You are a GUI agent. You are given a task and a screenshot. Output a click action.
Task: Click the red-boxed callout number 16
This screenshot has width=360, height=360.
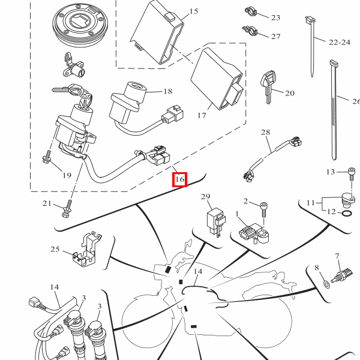pyautogui.click(x=179, y=179)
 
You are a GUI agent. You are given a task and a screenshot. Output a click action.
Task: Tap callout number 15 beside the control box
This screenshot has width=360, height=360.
pyautogui.click(x=193, y=11)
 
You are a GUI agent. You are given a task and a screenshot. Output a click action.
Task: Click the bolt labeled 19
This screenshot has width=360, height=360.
pyautogui.click(x=47, y=159)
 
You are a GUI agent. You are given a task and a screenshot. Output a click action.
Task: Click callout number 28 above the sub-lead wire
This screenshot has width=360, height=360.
pyautogui.click(x=266, y=132)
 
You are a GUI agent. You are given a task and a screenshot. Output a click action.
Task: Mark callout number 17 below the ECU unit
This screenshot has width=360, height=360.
pyautogui.click(x=201, y=115)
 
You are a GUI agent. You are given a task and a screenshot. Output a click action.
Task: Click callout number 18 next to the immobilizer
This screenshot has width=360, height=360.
pyautogui.click(x=167, y=91)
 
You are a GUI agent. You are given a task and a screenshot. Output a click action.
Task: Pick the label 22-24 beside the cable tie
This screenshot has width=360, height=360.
pyautogui.click(x=339, y=42)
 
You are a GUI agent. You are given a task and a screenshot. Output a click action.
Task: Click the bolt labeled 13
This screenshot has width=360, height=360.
pyautogui.click(x=351, y=173)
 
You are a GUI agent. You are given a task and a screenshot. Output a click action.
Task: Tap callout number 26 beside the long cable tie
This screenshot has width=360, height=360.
pyautogui.click(x=355, y=101)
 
